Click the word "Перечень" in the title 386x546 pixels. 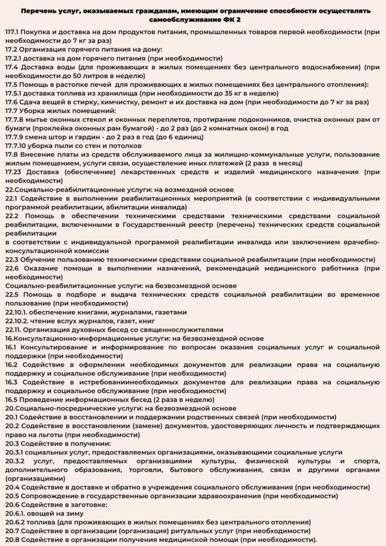pyautogui.click(x=39, y=10)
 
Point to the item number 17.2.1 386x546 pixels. pyautogui.click(x=14, y=58)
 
